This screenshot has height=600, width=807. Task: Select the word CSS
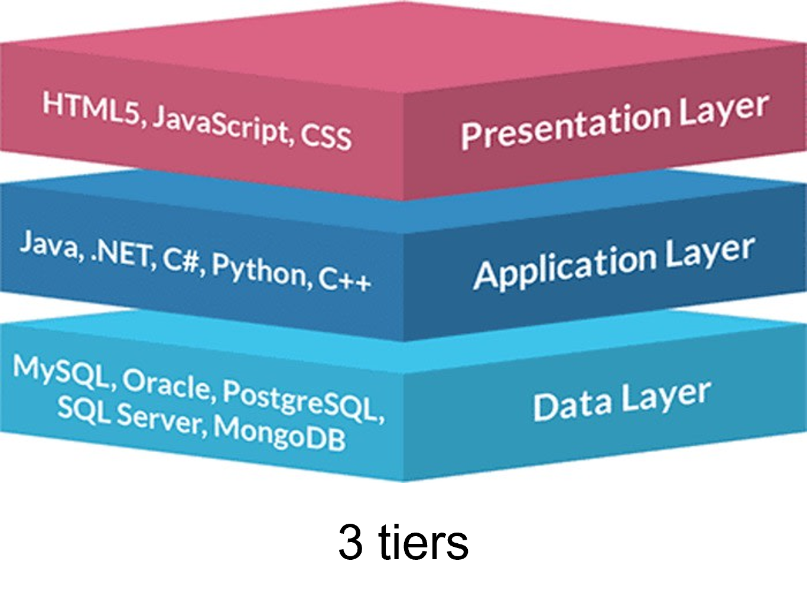point(326,137)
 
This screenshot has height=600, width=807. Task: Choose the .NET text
point(122,254)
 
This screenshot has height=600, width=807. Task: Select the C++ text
point(345,279)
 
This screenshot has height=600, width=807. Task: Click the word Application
point(565,267)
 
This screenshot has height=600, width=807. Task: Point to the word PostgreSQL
point(301,400)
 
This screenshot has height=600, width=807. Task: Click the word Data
point(572,405)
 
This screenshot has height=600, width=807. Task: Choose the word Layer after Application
point(710,253)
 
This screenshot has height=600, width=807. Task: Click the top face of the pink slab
point(403,47)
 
